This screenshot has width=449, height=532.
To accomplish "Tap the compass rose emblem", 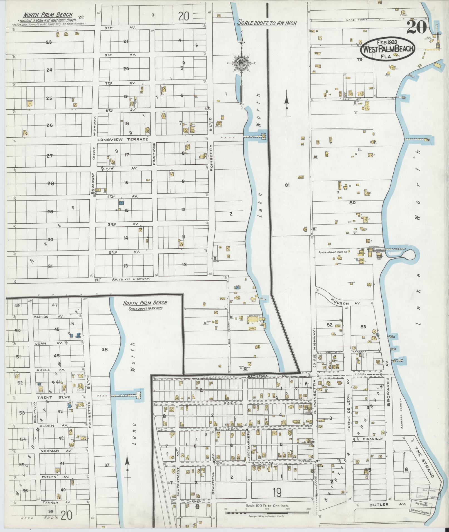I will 240,63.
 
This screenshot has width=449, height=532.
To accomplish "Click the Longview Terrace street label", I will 122,139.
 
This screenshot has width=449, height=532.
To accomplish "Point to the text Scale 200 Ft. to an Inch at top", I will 267,23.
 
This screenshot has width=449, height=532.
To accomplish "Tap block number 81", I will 287,185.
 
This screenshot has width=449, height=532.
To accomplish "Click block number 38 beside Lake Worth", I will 104,350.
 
